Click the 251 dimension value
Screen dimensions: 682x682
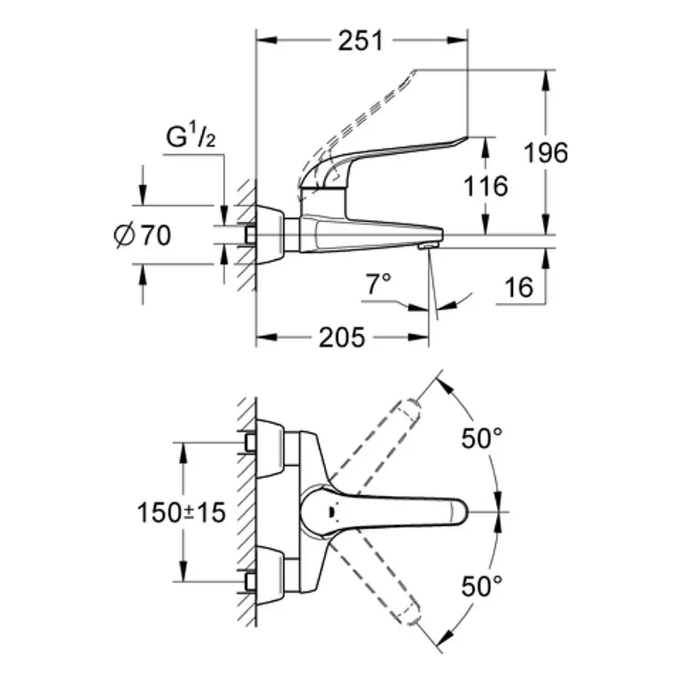(x=361, y=41)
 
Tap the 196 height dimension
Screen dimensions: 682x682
(x=546, y=153)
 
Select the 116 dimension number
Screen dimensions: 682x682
(x=486, y=186)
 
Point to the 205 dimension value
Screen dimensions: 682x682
(x=342, y=338)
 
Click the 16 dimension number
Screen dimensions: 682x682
(x=519, y=288)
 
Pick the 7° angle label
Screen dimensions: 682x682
(x=378, y=284)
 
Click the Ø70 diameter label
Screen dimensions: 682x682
(x=143, y=235)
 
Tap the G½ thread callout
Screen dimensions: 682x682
(x=191, y=136)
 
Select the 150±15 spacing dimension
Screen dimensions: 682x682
(x=181, y=512)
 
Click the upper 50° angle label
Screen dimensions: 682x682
(x=482, y=438)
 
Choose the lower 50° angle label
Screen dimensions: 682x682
(x=482, y=586)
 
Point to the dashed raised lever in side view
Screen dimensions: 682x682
(x=357, y=130)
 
